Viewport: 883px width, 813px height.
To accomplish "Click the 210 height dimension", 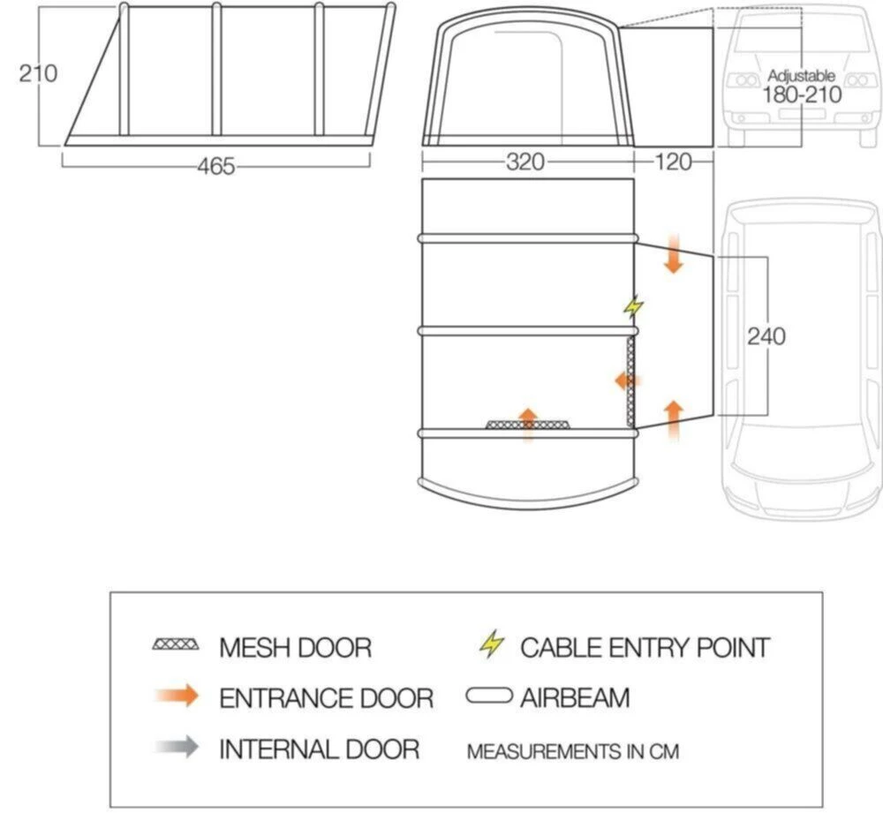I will pyautogui.click(x=38, y=73).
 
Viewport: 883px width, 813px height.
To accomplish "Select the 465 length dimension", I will pyautogui.click(x=215, y=165).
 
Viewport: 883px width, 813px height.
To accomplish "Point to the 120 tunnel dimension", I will pyautogui.click(x=672, y=162).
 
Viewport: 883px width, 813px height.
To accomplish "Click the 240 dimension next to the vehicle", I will pyautogui.click(x=766, y=336).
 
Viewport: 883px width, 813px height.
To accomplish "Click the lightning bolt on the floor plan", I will pyautogui.click(x=633, y=307).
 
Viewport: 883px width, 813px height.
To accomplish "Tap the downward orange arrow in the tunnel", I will pyautogui.click(x=673, y=255).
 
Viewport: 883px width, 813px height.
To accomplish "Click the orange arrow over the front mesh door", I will pyautogui.click(x=527, y=423).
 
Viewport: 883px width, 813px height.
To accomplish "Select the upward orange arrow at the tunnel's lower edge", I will pyautogui.click(x=673, y=418).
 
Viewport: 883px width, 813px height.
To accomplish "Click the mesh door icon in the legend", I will pyautogui.click(x=176, y=646).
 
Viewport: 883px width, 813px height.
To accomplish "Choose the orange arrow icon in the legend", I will pyautogui.click(x=176, y=697).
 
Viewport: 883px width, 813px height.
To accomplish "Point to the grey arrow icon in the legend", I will pyautogui.click(x=176, y=749).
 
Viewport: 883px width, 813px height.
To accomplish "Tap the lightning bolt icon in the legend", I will pyautogui.click(x=492, y=645).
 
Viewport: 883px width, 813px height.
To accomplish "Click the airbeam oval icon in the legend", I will pyautogui.click(x=490, y=697).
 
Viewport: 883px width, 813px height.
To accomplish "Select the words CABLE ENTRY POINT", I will pyautogui.click(x=645, y=647).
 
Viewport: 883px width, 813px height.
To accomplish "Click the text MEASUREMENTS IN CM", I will pyautogui.click(x=573, y=752).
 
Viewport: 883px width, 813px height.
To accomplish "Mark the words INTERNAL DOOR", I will pyautogui.click(x=319, y=749).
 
